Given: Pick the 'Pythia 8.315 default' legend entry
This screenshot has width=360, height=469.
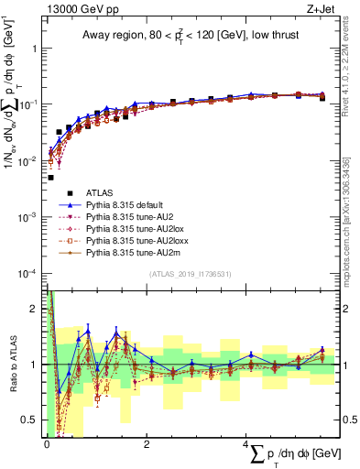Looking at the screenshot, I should pyautogui.click(x=133, y=207).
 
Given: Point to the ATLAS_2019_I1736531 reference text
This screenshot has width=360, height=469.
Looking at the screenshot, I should pyautogui.click(x=189, y=274).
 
